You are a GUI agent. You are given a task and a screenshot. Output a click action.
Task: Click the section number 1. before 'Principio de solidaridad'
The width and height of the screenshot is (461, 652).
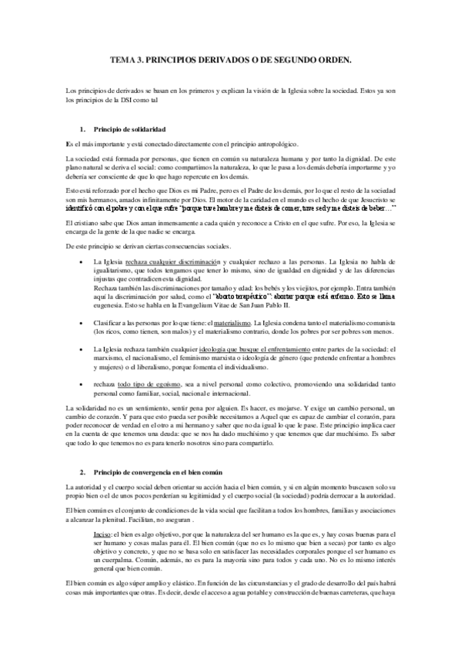[x=82, y=127]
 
